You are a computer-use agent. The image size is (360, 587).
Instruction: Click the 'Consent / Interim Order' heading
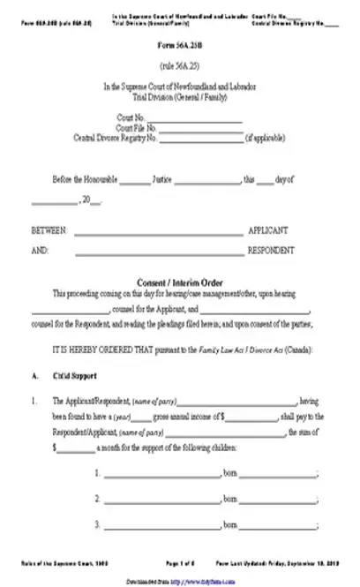tap(179, 282)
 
